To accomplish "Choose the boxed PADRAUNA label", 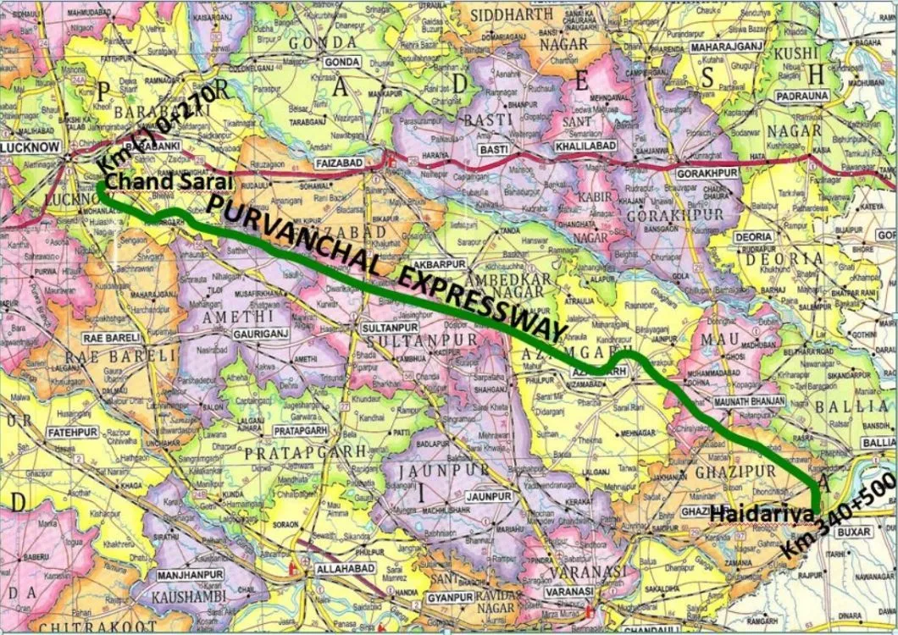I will [x=798, y=97].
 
